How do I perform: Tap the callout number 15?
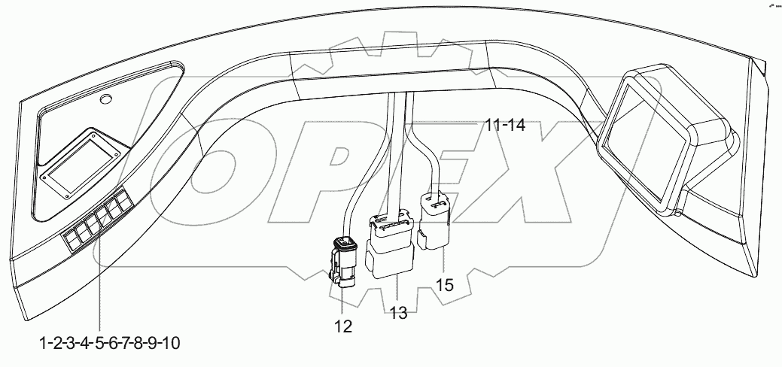(446, 286)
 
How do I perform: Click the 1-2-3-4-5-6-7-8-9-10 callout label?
(109, 344)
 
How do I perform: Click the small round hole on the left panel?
(106, 99)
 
